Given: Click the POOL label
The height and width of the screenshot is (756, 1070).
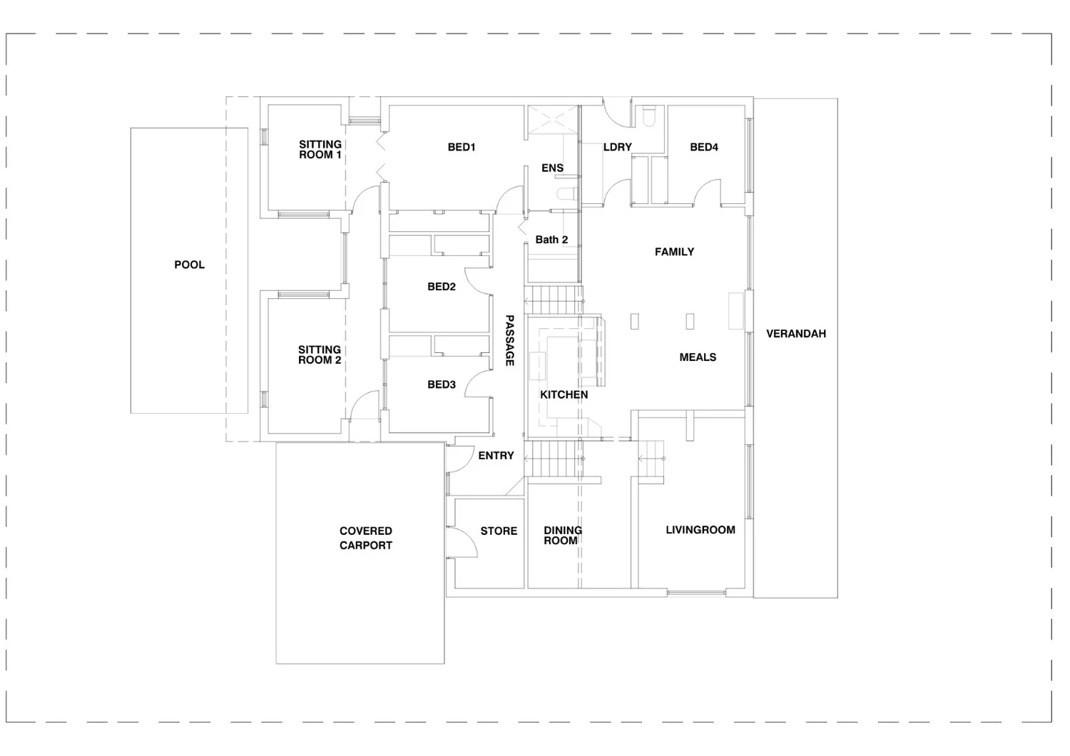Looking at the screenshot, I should pyautogui.click(x=189, y=265).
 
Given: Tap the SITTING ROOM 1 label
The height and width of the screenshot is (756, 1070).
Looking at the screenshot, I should pyautogui.click(x=320, y=150).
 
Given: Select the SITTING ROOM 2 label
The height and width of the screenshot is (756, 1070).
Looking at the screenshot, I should pyautogui.click(x=320, y=355).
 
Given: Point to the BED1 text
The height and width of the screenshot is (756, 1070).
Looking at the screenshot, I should pyautogui.click(x=462, y=148).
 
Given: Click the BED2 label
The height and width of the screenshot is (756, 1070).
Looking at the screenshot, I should pyautogui.click(x=442, y=287).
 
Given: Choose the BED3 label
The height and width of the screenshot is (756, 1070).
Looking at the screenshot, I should pyautogui.click(x=442, y=384).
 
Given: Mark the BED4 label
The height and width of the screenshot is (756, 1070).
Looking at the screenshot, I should pyautogui.click(x=704, y=148).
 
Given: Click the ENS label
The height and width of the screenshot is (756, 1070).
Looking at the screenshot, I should pyautogui.click(x=552, y=168).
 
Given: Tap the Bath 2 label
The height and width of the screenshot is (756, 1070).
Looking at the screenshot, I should pyautogui.click(x=551, y=240).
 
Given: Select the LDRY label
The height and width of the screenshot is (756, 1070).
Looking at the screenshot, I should pyautogui.click(x=618, y=148).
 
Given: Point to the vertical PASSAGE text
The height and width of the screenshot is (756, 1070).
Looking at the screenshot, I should pyautogui.click(x=509, y=341).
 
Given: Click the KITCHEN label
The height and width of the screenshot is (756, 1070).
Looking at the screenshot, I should pyautogui.click(x=564, y=394).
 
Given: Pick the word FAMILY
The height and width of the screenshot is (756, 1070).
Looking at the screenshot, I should pyautogui.click(x=674, y=252).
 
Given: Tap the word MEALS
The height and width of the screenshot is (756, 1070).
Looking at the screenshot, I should pyautogui.click(x=698, y=357).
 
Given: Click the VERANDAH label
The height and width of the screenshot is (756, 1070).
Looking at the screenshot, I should pyautogui.click(x=796, y=334).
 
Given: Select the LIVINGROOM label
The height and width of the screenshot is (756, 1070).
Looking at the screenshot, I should pyautogui.click(x=700, y=530).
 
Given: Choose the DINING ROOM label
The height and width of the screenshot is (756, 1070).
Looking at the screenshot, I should pyautogui.click(x=562, y=536).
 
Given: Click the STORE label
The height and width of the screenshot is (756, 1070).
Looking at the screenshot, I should pyautogui.click(x=499, y=531).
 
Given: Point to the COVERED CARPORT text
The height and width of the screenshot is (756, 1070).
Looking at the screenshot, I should pyautogui.click(x=366, y=538).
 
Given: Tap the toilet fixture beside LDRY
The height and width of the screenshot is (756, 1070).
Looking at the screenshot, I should pyautogui.click(x=648, y=116).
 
